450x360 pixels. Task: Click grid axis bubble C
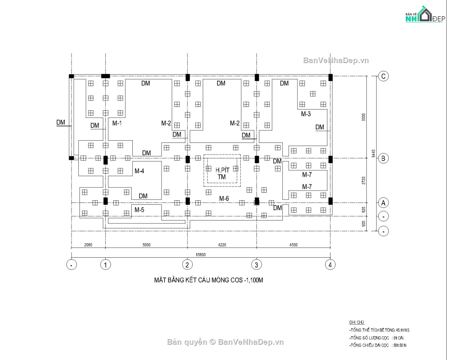coord(383,76)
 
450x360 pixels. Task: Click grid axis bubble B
coord(383,158)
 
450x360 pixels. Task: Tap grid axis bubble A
coord(383,203)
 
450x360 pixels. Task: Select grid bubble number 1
coord(105,265)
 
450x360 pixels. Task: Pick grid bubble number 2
coord(187,265)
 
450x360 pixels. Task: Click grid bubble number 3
coord(256,265)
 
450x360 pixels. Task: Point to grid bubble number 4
coord(330,265)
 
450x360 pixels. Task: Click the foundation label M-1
coord(117,123)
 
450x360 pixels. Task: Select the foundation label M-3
coord(306,114)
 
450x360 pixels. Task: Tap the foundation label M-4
coord(139,171)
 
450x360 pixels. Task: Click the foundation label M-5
coord(139,210)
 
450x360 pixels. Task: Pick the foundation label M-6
coord(224,198)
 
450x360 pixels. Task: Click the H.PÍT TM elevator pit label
coord(222,173)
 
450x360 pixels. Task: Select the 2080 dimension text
coord(88,245)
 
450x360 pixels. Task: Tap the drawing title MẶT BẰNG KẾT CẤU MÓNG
coord(208,280)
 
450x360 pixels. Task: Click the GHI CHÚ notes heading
coord(354,322)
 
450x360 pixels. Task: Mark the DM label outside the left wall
coord(61,122)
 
